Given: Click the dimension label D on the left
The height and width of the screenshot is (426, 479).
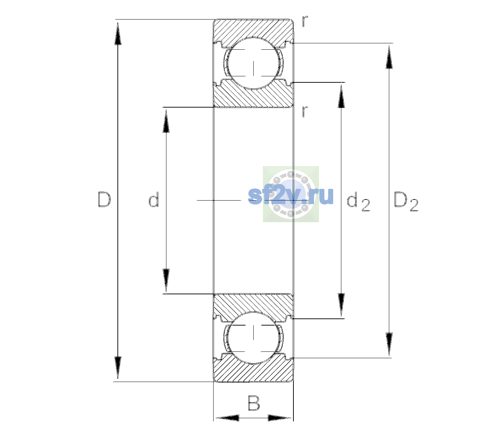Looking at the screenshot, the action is coord(104,199).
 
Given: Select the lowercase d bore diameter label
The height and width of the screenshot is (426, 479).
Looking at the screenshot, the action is coord(154,199).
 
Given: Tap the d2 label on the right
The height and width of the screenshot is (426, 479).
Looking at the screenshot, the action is coord(358,201).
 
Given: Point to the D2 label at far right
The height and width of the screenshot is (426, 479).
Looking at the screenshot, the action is coord(406,201).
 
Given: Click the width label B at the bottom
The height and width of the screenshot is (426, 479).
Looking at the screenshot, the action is coord(254,403).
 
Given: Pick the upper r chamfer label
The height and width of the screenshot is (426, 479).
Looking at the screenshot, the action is coord(305,21).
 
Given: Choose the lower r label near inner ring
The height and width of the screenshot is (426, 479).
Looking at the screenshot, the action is coord(305,111).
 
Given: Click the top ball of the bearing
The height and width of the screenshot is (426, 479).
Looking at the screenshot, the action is coord(253,64).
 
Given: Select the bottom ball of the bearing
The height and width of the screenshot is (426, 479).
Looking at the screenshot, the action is coord(253,338).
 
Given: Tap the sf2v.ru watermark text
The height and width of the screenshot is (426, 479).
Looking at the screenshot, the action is coord(291,196).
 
